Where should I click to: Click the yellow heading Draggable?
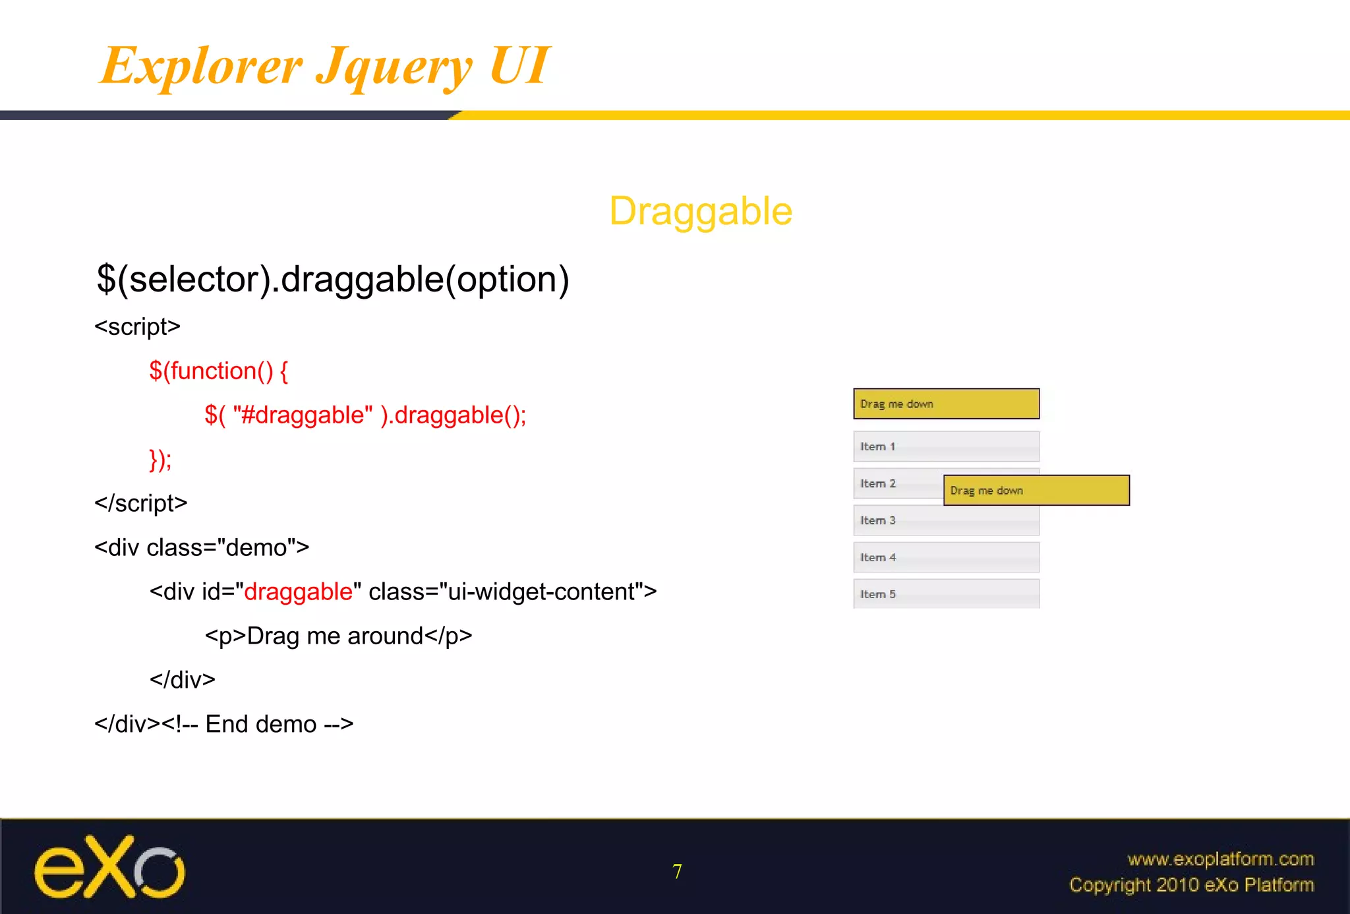700,212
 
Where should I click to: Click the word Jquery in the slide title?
394,67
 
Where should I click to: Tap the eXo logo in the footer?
109,867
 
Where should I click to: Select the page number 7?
677,872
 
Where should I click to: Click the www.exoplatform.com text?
1220,859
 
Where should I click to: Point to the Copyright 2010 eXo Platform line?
1191,885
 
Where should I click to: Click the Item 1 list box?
946,446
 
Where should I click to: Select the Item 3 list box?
946,520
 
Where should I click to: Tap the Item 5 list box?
946,594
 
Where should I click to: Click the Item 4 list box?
946,557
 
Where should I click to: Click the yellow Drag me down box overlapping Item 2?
1036,491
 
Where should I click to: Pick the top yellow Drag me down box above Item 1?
946,404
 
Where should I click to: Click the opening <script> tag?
137,326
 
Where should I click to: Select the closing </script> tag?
140,503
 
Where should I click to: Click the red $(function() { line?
218,371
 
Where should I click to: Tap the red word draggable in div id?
298,592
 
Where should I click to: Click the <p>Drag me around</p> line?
338,636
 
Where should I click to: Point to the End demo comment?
260,724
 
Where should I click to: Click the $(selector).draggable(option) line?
332,279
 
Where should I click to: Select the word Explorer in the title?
200,65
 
